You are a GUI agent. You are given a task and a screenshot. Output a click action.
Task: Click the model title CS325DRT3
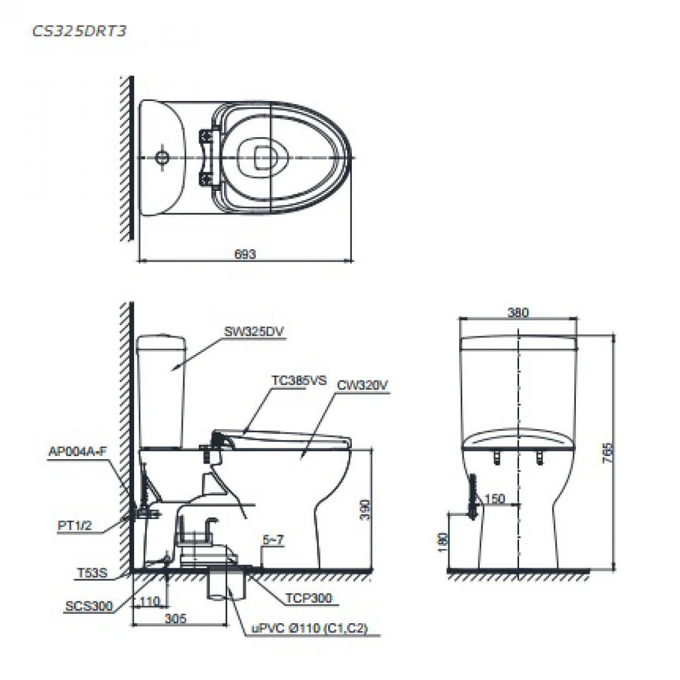click(79, 31)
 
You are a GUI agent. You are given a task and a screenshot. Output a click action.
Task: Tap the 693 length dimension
click(245, 254)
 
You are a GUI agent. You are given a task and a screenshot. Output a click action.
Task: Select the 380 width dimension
click(518, 313)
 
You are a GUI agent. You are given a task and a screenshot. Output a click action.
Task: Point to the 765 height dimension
click(608, 453)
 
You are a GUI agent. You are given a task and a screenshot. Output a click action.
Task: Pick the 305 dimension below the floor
click(175, 618)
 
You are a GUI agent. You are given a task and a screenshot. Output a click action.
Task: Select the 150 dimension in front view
click(494, 498)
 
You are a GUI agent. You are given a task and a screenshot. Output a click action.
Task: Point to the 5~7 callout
click(273, 540)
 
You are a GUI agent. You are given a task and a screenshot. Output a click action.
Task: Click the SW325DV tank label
click(254, 332)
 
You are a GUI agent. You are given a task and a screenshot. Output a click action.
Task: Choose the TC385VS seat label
click(299, 381)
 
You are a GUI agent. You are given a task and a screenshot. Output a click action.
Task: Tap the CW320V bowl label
click(362, 385)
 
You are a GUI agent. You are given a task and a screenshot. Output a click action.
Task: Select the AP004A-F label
click(77, 452)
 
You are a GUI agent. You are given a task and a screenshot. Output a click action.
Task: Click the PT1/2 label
click(75, 526)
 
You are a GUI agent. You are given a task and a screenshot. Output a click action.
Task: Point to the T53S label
click(92, 573)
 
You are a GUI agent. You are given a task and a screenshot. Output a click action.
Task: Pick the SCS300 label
click(89, 606)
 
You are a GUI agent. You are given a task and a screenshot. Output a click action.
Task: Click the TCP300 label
click(308, 598)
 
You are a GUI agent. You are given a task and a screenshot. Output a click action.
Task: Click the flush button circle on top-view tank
click(162, 157)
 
